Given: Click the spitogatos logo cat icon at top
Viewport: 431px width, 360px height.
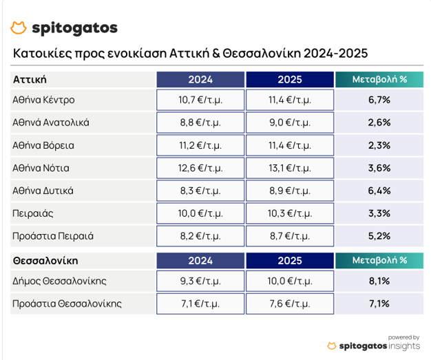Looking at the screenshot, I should point(19,28).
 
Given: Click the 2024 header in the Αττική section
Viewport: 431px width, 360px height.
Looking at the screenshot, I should point(200,79).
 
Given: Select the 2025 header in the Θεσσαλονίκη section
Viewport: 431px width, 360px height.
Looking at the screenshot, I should point(289,261).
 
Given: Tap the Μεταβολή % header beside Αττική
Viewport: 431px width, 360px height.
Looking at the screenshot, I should point(379,79).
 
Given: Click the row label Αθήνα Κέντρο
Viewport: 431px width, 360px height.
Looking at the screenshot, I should point(44,100).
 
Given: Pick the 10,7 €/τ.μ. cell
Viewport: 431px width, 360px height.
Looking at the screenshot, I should point(200,100).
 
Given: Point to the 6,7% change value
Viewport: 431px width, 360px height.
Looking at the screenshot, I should point(379,100).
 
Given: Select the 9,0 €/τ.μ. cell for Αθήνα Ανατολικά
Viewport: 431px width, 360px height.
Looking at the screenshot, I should point(289,123).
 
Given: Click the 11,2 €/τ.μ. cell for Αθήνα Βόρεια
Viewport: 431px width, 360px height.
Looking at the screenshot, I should point(200,145).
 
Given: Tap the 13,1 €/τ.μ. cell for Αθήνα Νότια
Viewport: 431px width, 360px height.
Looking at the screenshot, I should point(289,168).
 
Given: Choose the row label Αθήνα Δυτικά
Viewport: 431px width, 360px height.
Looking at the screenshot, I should point(43,191).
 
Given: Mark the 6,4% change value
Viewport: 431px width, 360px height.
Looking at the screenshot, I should point(379,191).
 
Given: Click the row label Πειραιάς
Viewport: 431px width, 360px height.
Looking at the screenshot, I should point(32,213).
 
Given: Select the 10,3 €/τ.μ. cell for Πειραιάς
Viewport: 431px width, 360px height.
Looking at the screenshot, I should point(289,213).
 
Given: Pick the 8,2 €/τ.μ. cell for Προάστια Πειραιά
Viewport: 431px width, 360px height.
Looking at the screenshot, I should point(200,236).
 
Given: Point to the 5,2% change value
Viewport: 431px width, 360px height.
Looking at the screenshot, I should point(379,236).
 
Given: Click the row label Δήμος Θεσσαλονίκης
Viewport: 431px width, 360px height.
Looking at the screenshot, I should point(60,281).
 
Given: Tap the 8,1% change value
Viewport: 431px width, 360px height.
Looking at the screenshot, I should point(379,281).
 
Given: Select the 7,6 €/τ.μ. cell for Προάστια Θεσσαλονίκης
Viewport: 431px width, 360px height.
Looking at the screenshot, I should point(289,304).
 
